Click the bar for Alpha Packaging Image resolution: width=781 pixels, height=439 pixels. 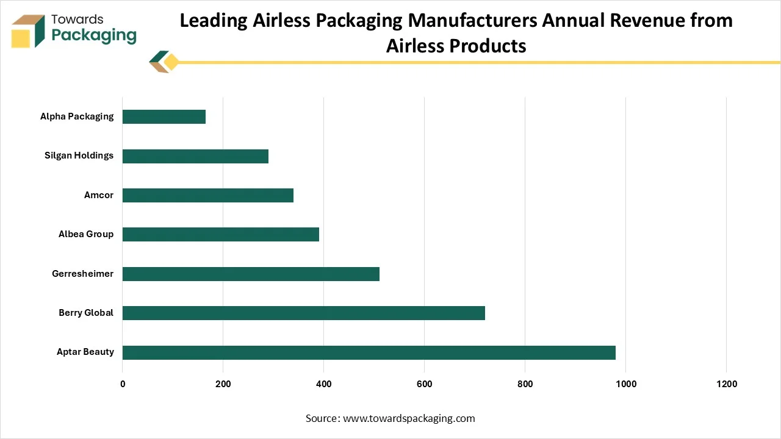[x=164, y=116]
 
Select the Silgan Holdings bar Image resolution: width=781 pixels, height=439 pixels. [x=195, y=156]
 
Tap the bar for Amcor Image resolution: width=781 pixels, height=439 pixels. [x=208, y=195]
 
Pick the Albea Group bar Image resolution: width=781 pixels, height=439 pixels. [x=221, y=235]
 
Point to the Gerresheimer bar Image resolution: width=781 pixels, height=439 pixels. [x=251, y=274]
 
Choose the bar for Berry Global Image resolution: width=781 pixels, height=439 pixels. [x=304, y=313]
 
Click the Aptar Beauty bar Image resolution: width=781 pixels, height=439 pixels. [x=369, y=352]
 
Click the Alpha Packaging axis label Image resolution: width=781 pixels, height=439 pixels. [x=77, y=116]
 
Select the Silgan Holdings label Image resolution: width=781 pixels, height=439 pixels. [x=79, y=155]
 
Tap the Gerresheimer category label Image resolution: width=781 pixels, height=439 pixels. [x=82, y=274]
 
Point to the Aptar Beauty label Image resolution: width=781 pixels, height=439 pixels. [x=85, y=352]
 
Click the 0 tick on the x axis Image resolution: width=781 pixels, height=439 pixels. [x=123, y=384]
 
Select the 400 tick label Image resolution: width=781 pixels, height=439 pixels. [x=323, y=384]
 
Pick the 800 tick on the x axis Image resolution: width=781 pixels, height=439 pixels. [x=525, y=384]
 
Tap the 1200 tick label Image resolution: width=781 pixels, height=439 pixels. [x=726, y=384]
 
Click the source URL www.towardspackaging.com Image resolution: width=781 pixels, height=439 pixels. [x=409, y=418]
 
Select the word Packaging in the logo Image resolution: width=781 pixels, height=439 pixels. [x=94, y=35]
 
